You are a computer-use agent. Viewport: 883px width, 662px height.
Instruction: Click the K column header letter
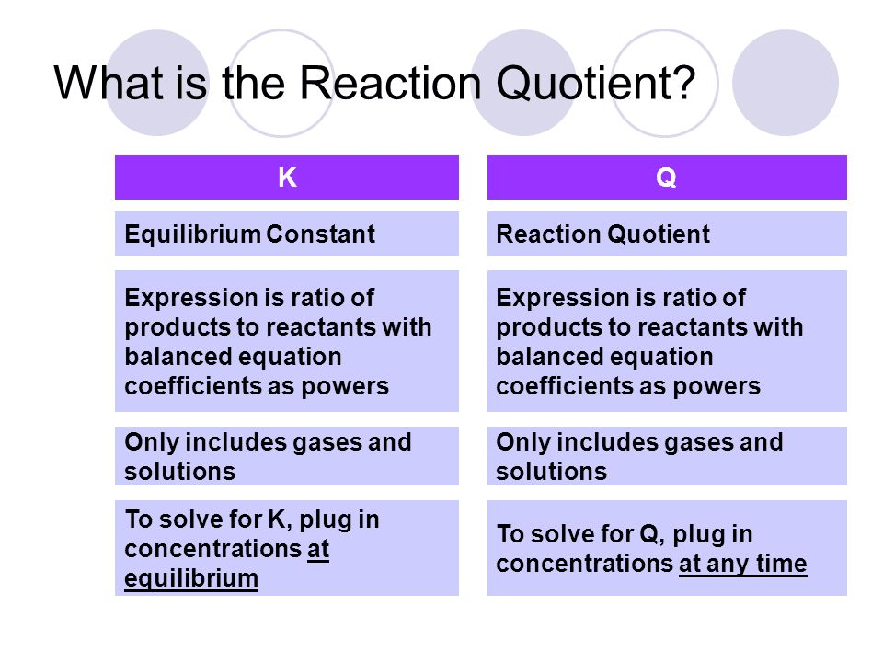click(287, 177)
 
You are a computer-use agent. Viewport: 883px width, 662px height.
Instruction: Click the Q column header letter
click(666, 177)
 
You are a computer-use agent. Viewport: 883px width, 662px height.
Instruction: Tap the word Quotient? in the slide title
click(596, 83)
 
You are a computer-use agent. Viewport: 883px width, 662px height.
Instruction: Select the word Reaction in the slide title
click(390, 83)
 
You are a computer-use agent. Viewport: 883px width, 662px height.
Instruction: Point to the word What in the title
click(109, 83)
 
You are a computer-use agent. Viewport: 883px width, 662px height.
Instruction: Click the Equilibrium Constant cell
click(287, 234)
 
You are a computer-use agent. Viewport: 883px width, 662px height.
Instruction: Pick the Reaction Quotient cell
click(667, 234)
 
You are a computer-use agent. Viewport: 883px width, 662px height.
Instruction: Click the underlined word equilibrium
click(191, 578)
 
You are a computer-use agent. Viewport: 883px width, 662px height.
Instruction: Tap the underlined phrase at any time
click(743, 564)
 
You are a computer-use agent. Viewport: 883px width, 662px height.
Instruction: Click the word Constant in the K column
click(320, 234)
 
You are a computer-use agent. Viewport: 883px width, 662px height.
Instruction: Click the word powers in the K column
click(345, 387)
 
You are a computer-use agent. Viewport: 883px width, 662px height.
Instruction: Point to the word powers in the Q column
click(717, 387)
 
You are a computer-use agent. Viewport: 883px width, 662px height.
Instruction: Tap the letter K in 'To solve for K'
click(277, 519)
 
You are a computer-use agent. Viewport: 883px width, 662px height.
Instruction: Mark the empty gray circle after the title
click(785, 83)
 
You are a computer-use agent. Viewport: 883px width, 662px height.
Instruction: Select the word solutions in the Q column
click(551, 471)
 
